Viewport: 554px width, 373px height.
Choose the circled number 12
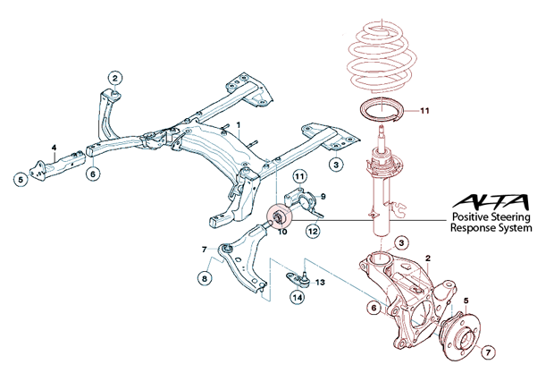point(313,232)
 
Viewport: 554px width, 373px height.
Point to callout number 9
point(322,195)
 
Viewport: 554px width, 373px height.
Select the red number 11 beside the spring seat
point(425,111)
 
